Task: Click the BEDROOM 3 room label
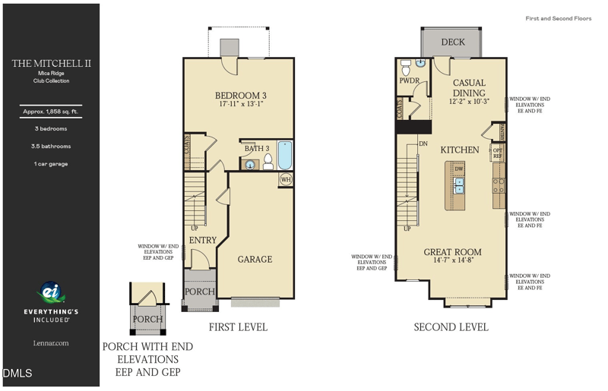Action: (x=240, y=95)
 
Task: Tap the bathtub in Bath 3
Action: (x=285, y=156)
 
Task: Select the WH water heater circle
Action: (x=286, y=180)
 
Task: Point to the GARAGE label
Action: (x=255, y=260)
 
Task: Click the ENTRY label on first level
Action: (x=203, y=240)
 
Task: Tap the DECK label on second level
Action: (x=453, y=43)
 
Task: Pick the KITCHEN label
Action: (x=460, y=150)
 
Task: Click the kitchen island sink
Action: (x=459, y=186)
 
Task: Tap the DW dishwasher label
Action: (x=459, y=169)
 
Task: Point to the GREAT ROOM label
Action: (x=452, y=252)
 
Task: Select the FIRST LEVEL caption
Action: (x=238, y=327)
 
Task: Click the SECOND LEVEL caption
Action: (x=451, y=327)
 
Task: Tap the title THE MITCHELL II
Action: (x=51, y=64)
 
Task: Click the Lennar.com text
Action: (x=50, y=343)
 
